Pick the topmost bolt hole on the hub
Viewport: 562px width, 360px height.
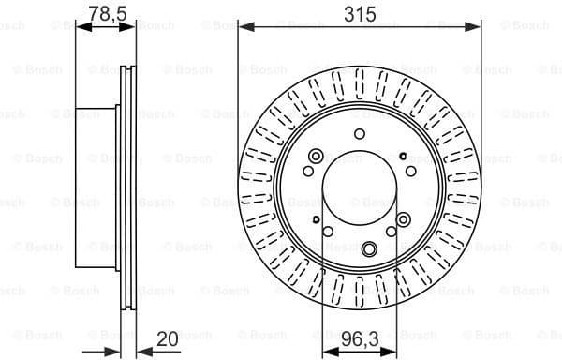point(359,133)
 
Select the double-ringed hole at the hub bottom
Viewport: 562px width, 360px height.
point(369,248)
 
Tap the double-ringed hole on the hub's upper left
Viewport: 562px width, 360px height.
point(316,156)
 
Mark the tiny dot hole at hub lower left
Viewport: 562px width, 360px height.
point(318,219)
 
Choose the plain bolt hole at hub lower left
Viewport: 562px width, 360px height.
point(327,233)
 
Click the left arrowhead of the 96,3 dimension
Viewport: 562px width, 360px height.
point(326,352)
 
